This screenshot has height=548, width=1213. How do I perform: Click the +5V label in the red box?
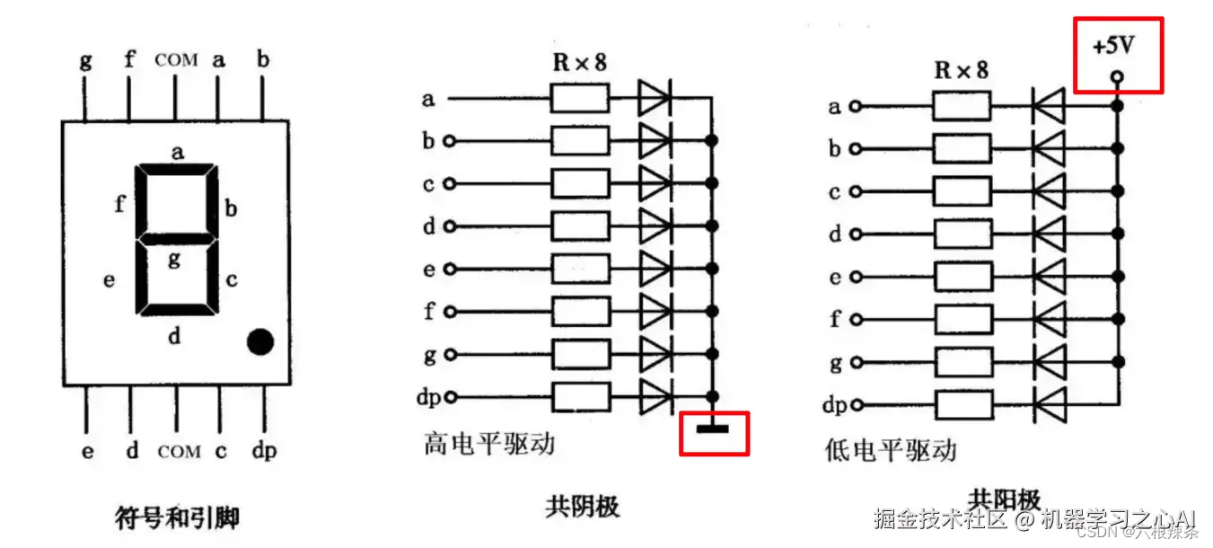pos(1113,46)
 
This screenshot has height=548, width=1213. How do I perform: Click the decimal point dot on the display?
pos(260,341)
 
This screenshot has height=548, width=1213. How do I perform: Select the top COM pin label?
pos(176,60)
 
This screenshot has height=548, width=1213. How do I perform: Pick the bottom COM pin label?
pos(179,451)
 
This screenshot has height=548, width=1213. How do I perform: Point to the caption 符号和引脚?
pos(177,517)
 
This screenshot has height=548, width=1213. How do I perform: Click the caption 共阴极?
pos(582,507)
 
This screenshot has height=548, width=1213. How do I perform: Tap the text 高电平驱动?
pos(489,444)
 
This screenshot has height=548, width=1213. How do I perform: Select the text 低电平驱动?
pos(891,449)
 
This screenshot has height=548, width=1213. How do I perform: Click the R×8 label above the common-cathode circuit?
pos(579,64)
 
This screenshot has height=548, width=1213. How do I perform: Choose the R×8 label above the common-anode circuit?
pos(961,70)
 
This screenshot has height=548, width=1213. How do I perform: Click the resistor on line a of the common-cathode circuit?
pos(580,99)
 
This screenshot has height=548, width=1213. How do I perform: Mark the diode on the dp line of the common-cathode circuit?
pos(655,396)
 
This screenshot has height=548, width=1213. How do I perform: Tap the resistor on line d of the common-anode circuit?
pos(962,234)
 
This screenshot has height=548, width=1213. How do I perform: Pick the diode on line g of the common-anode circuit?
pos(1048,362)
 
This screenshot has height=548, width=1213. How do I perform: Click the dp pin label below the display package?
pos(264,451)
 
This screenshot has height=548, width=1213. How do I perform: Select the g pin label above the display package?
pos(86,61)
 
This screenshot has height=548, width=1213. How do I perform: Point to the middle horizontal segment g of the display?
pos(177,240)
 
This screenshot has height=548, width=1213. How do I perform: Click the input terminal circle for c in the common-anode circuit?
pos(855,191)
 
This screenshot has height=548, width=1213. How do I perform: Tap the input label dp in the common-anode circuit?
pos(834,405)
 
